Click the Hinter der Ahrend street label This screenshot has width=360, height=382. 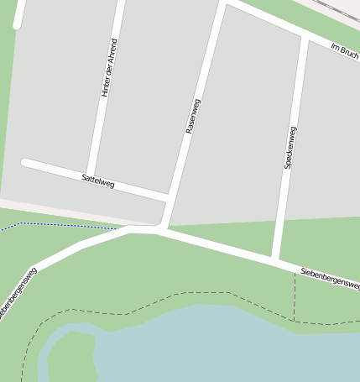click(109, 67)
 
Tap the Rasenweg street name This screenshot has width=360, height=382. click(193, 117)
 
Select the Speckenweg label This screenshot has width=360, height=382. click(290, 148)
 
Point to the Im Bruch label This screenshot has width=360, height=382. click(345, 50)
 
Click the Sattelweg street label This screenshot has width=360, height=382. click(98, 179)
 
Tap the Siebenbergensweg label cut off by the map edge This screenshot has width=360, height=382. click(17, 294)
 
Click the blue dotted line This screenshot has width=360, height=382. click(59, 225)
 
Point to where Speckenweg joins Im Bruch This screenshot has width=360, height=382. click(304, 39)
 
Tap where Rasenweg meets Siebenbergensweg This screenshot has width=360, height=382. click(159, 229)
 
